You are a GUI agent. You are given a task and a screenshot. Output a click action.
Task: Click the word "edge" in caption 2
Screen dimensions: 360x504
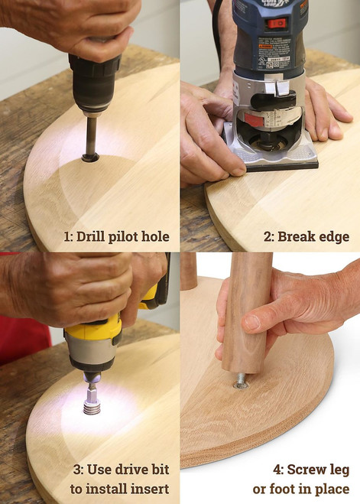point(334,237)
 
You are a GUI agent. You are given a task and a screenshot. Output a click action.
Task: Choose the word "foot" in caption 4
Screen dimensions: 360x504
point(283,489)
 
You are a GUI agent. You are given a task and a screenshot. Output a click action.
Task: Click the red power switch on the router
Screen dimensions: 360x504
point(277,24)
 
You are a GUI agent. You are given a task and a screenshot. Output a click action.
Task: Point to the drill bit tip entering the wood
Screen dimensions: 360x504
point(90,158)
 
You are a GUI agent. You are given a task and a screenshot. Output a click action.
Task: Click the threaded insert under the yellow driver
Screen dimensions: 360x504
point(92,408)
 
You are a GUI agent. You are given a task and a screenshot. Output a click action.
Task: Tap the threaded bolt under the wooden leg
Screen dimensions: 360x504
point(241,379)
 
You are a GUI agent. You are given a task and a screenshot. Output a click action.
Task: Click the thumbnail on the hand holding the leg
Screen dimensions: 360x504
point(253,323)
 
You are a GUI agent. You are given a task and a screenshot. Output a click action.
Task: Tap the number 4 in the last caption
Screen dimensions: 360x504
point(277,470)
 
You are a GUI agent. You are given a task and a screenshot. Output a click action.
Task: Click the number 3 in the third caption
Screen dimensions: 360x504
point(77,470)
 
